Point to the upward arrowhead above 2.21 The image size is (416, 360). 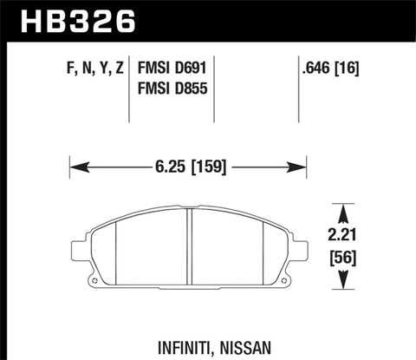[x=345, y=211]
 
